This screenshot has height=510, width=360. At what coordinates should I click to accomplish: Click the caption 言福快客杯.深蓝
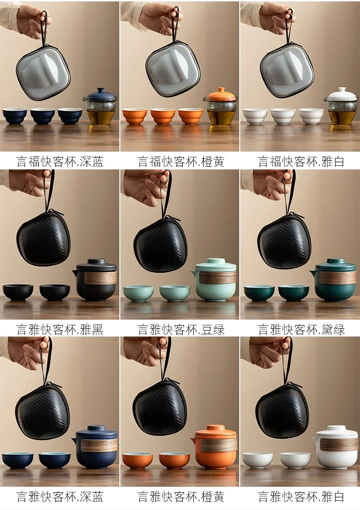pos(60,162)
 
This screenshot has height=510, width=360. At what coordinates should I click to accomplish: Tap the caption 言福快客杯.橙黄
pos(180,162)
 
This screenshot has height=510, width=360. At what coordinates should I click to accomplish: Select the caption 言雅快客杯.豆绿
pos(180,330)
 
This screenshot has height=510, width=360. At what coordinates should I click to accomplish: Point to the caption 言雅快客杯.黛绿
pos(301,330)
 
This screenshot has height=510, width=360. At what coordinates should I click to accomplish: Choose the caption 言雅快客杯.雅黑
pos(60,330)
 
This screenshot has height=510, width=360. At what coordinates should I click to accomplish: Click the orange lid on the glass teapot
pos(221,94)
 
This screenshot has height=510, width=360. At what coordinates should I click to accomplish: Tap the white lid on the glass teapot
pos(342,94)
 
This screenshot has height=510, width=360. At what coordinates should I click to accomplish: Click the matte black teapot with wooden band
pos(96,280)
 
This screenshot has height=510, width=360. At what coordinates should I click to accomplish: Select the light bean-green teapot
pos(215,279)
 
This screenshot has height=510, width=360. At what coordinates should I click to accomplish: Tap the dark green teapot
pos(335,279)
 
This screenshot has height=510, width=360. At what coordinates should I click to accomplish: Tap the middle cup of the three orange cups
pos(163,116)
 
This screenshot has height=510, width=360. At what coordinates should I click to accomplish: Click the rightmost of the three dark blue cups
pos(70,116)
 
